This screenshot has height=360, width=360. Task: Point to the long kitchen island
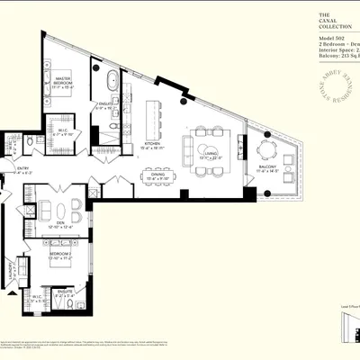(x=154, y=118)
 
